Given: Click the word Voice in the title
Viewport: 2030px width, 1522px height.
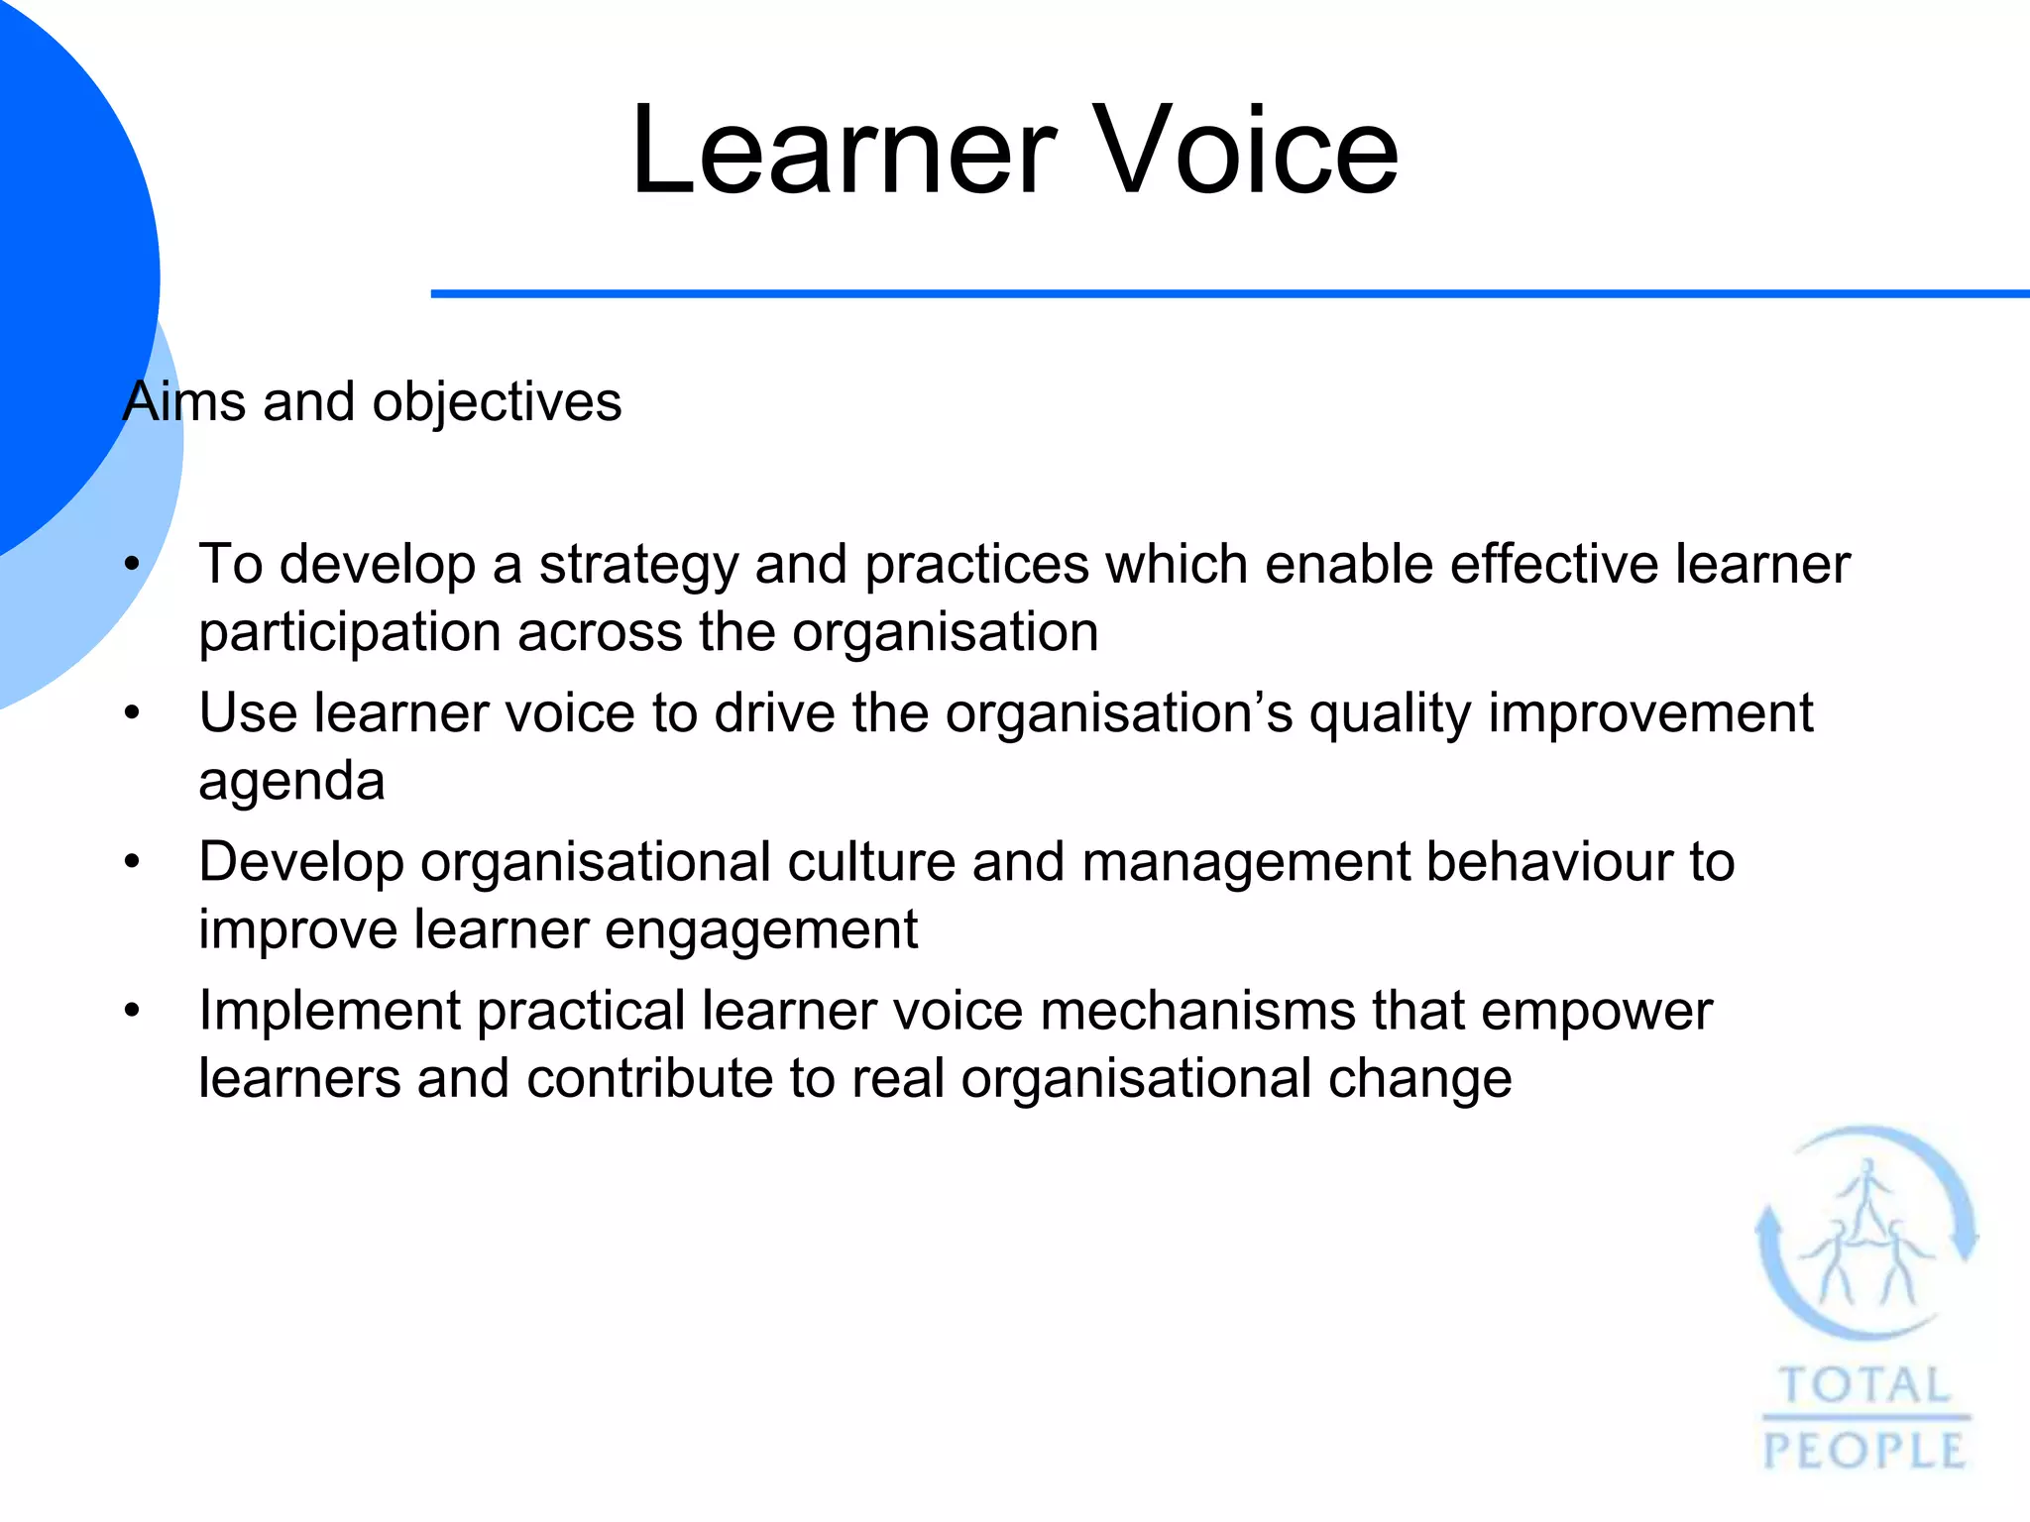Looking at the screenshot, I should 1247,152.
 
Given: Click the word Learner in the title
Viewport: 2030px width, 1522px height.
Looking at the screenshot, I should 844,152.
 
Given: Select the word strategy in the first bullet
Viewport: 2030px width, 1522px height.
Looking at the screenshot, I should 638,565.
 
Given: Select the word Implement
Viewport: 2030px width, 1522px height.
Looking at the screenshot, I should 330,1012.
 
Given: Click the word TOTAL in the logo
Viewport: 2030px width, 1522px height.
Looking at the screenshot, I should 1864,1385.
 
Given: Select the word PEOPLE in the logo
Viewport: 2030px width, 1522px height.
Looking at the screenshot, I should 1864,1452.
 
